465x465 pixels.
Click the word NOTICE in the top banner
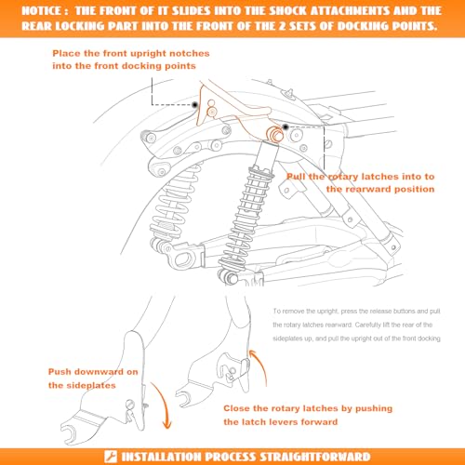point(42,11)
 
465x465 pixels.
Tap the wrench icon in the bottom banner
point(111,457)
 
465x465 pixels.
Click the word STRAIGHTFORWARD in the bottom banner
point(315,457)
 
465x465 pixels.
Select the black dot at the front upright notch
point(194,105)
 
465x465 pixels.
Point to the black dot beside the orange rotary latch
point(286,126)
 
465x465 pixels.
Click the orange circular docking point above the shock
point(274,134)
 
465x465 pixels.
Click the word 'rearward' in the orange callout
point(368,189)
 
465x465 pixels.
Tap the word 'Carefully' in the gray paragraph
point(368,325)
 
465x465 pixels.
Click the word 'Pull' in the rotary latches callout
point(296,177)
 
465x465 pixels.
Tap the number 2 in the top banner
point(282,26)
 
